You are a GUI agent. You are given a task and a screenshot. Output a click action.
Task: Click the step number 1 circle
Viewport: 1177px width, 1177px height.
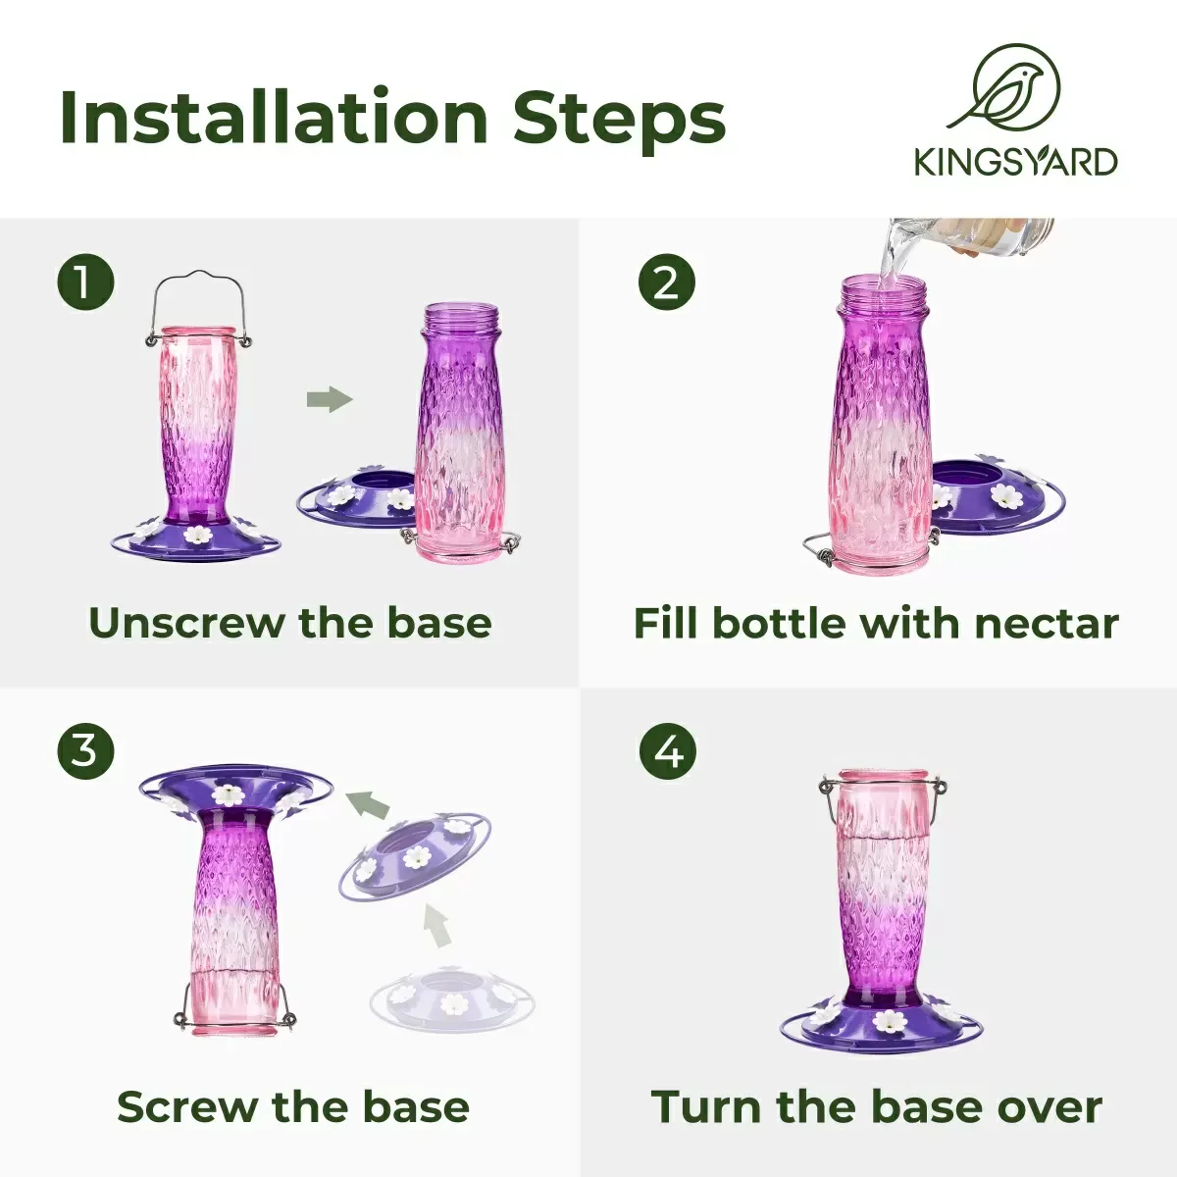85,281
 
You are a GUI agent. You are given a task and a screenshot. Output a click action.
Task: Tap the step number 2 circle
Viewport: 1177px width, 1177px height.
666,282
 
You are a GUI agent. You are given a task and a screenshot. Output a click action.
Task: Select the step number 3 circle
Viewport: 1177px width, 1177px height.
85,750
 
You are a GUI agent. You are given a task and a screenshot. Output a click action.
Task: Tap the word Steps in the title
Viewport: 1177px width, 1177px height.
618,119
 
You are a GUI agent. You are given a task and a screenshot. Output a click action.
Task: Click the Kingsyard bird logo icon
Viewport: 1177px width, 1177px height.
1007,89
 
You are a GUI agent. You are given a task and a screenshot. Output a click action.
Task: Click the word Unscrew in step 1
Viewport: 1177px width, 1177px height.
188,623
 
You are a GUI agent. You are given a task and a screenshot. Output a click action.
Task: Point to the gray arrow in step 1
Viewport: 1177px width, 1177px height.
330,399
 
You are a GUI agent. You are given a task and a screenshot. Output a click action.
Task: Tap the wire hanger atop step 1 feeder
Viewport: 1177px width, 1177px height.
197,308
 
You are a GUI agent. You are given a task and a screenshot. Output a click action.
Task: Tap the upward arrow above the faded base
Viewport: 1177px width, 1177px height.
437,931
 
